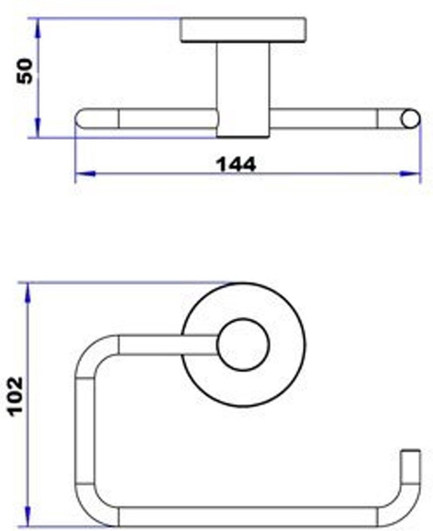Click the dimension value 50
pyautogui.click(x=24, y=71)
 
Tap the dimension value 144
pyautogui.click(x=236, y=164)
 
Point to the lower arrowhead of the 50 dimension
pyautogui.click(x=38, y=127)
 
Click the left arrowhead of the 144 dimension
pyautogui.click(x=85, y=173)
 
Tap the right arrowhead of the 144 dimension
pyautogui.click(x=410, y=173)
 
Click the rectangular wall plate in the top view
pyautogui.click(x=243, y=30)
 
